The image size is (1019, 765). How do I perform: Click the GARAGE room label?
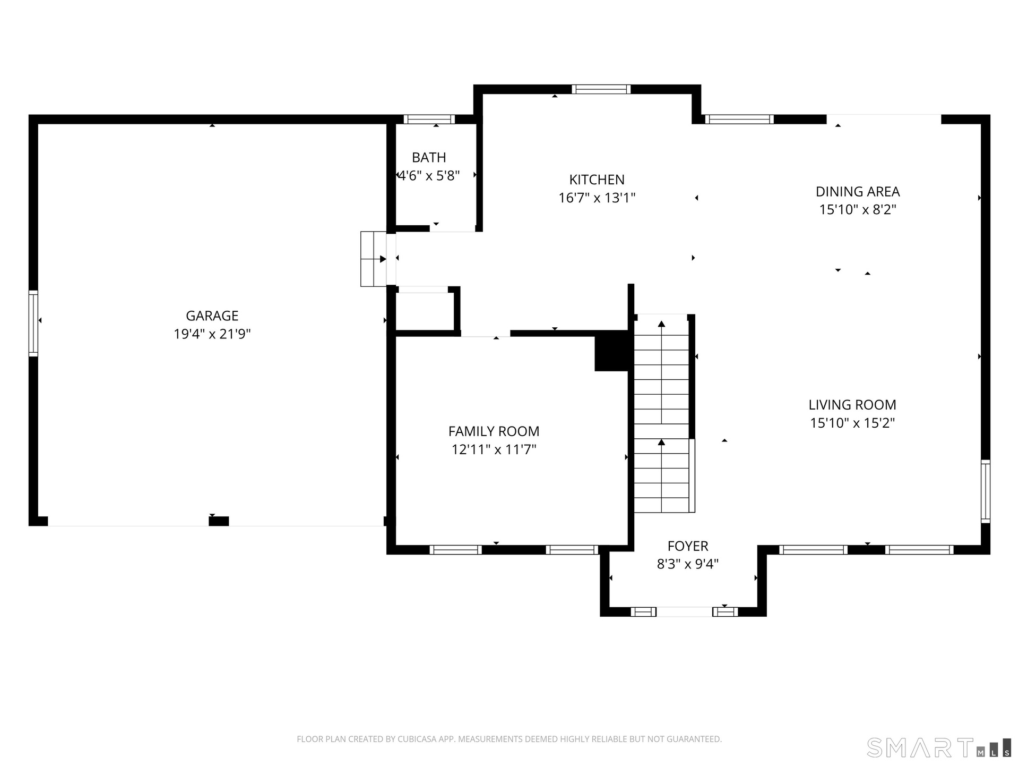212,316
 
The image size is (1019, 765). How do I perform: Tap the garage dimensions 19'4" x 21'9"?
212,334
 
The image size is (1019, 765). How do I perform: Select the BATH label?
429,158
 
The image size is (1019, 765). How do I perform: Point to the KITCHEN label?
597,180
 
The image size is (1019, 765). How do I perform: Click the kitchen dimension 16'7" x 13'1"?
597,198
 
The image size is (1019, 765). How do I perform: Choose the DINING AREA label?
858,192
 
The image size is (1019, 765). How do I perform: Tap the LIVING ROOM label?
852,405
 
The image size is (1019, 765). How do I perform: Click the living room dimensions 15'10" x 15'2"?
852,423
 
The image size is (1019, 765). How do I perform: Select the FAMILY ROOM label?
494,431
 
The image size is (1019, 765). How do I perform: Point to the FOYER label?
688,546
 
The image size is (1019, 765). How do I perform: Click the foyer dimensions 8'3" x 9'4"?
688,564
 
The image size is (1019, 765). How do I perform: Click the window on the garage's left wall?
33,323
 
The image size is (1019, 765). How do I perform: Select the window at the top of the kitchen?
601,89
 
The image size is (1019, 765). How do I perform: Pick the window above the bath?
429,120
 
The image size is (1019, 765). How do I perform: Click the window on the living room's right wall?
985,491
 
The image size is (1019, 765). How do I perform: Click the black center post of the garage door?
219,521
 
